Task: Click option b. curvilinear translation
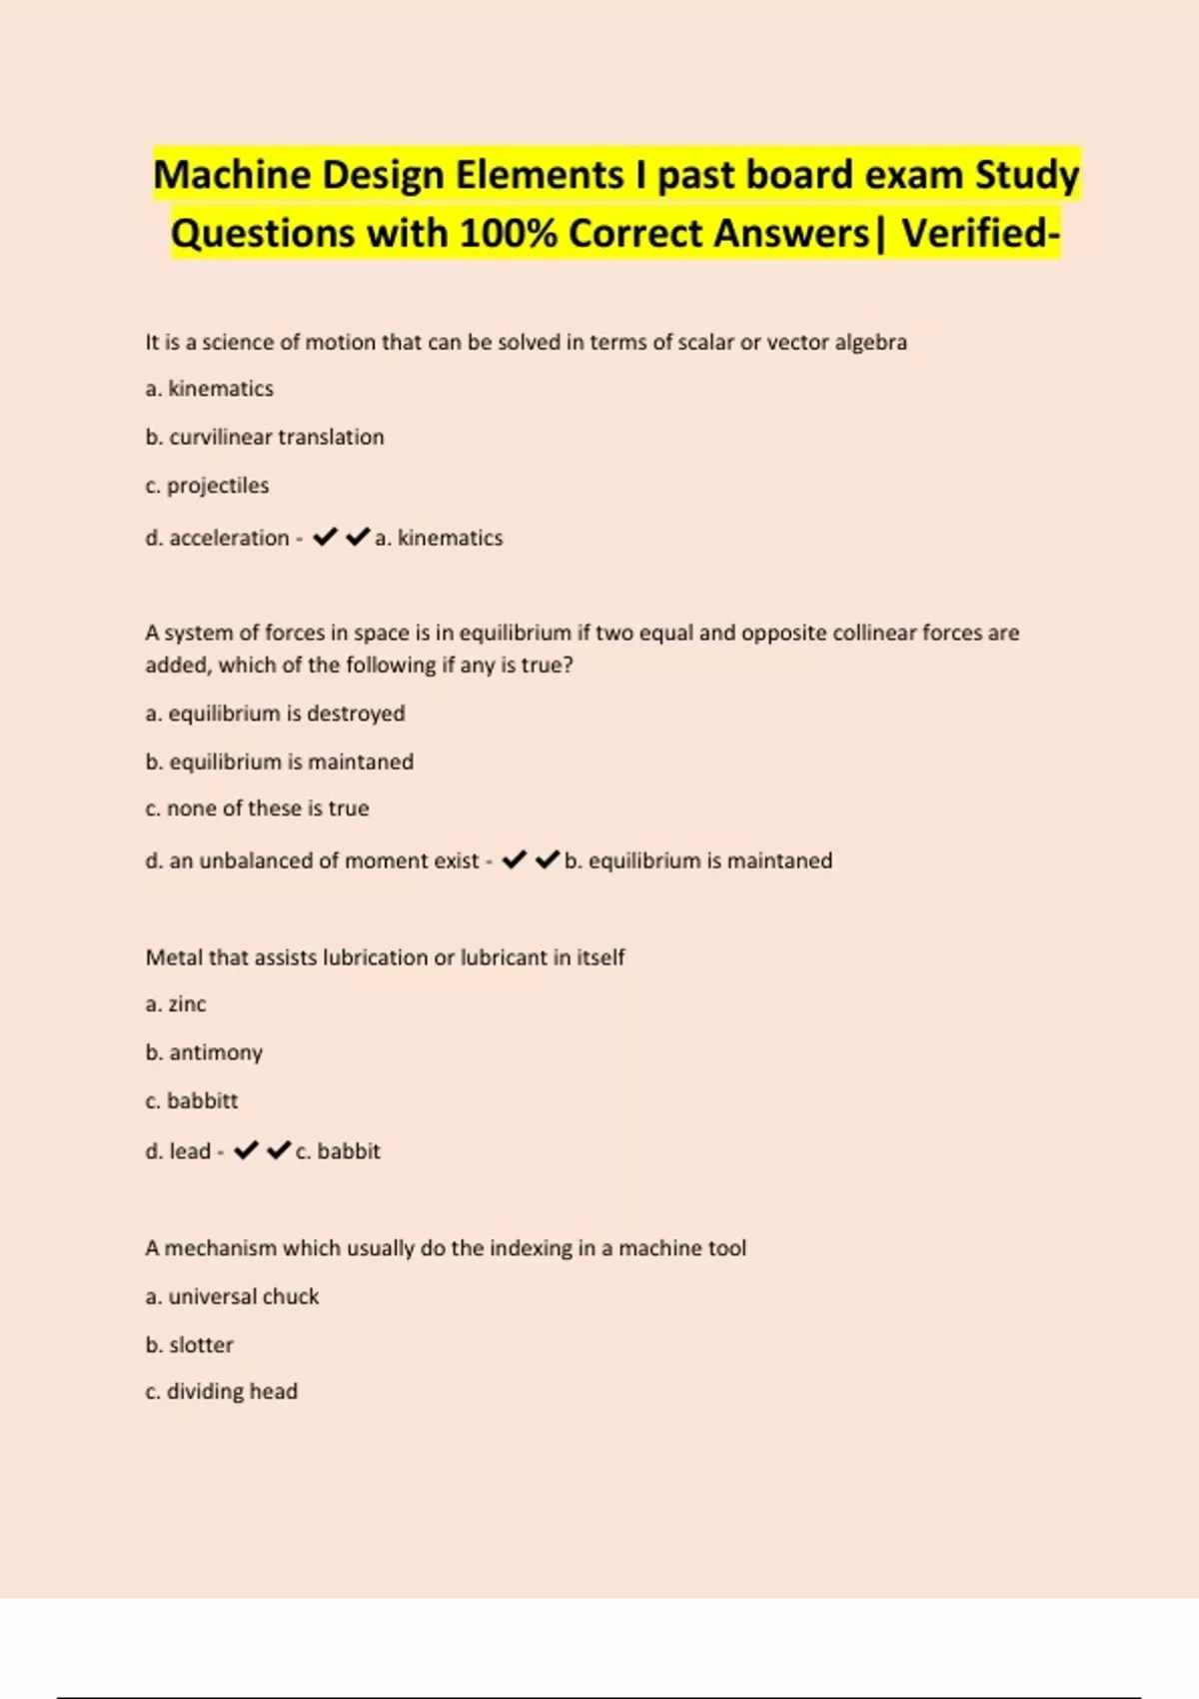(x=265, y=437)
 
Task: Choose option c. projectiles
(x=207, y=486)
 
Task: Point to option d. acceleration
(x=217, y=538)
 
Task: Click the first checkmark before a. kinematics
(x=325, y=538)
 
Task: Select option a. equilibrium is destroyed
(x=275, y=714)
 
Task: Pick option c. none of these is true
(x=257, y=809)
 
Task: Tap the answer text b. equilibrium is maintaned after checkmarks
(x=697, y=860)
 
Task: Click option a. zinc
(x=176, y=1004)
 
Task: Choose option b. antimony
(x=204, y=1052)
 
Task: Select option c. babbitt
(x=192, y=1100)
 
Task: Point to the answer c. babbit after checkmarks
(x=338, y=1151)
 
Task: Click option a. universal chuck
(x=232, y=1296)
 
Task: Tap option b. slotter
(x=189, y=1345)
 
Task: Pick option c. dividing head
(x=222, y=1391)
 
